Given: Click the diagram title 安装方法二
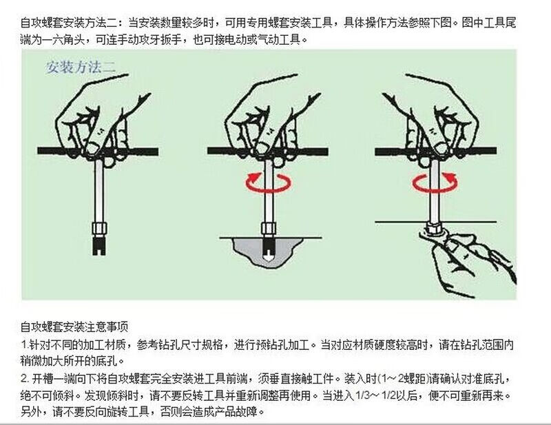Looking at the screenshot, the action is pos(81,67).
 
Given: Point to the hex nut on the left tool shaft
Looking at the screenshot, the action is pos(99,229).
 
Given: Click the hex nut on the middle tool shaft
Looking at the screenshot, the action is pos(269,229).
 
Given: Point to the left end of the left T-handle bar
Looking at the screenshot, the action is pos(39,152).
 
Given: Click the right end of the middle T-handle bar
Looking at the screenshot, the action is pos(327,152).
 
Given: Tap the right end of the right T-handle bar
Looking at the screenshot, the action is pos(495,152).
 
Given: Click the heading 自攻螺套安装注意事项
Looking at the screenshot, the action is pos(74,327).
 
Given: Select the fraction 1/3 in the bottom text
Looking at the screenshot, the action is pos(364,395).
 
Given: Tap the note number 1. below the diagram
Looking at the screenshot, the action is pos(25,344).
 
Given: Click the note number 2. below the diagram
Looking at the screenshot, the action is pos(25,379).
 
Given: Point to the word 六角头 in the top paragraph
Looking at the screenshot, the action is pos(68,40).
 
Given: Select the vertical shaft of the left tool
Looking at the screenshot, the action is pos(99,191).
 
